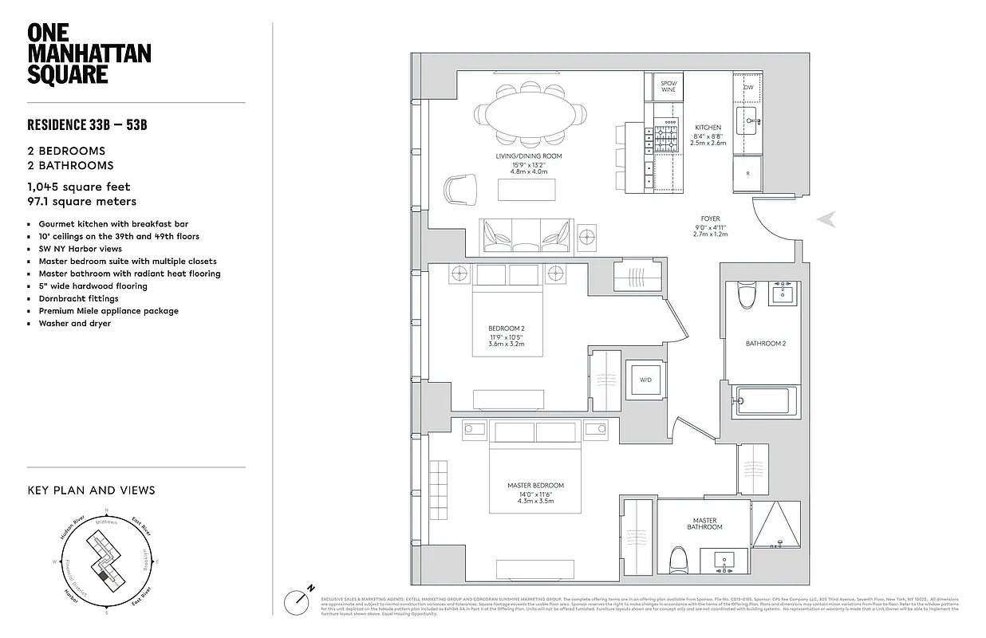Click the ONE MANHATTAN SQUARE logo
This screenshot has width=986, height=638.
tap(89, 53)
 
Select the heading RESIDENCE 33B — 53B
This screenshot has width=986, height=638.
tap(88, 124)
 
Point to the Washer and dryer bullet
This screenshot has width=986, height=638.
tap(75, 324)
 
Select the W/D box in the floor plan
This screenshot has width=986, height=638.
tap(645, 380)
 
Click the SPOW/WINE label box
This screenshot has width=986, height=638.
tap(669, 86)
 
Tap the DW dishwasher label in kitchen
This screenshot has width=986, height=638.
tap(748, 87)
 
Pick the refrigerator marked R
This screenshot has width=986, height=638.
tap(747, 173)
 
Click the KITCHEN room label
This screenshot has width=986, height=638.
tap(708, 128)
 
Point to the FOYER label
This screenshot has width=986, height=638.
tap(710, 219)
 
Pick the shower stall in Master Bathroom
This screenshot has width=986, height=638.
tap(776, 526)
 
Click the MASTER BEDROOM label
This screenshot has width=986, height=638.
tap(535, 485)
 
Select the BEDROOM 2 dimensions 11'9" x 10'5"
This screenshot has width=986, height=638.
tap(506, 338)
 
